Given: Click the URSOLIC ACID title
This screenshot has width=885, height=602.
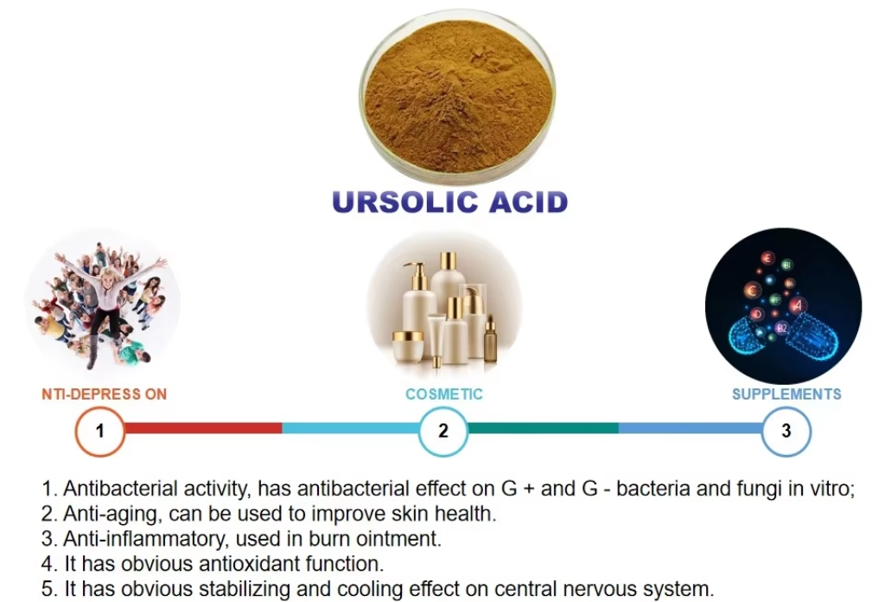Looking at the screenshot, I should pyautogui.click(x=450, y=201).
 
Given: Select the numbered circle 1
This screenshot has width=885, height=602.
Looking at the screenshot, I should pyautogui.click(x=99, y=429).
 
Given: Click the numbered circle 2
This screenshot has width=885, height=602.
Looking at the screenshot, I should pyautogui.click(x=443, y=429).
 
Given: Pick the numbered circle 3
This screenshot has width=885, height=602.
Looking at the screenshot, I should pyautogui.click(x=786, y=429).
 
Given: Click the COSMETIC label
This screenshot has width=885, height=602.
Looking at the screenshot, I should pyautogui.click(x=444, y=394).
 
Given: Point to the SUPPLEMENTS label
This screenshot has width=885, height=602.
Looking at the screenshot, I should pyautogui.click(x=786, y=394).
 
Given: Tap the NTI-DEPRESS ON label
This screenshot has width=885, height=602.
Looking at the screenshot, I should pyautogui.click(x=104, y=394).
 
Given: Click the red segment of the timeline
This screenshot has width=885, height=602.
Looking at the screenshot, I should pyautogui.click(x=203, y=428).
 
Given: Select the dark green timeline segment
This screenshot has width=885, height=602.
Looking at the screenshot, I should pyautogui.click(x=543, y=428).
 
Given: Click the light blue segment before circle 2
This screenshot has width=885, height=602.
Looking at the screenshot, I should pyautogui.click(x=350, y=428).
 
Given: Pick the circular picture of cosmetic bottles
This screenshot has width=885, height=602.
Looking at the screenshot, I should pyautogui.click(x=444, y=307).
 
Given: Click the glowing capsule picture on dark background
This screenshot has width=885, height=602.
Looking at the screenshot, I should pyautogui.click(x=783, y=306).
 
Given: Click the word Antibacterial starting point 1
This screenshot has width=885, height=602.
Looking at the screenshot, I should pyautogui.click(x=113, y=489).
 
